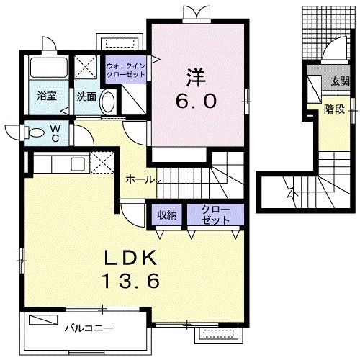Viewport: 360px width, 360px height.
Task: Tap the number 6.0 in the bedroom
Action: [x=196, y=101]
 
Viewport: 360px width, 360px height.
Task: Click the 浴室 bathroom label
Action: [x=47, y=96]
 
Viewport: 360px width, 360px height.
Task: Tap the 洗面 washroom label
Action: [x=86, y=96]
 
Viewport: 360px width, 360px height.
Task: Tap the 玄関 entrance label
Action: [x=338, y=81]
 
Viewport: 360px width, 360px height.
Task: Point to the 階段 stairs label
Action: [x=333, y=109]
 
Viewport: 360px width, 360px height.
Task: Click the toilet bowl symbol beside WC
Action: [x=36, y=132]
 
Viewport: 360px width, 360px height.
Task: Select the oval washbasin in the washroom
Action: [x=107, y=102]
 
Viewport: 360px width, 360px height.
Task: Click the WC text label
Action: [x=55, y=135]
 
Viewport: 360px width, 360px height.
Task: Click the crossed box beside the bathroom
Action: [x=87, y=68]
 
